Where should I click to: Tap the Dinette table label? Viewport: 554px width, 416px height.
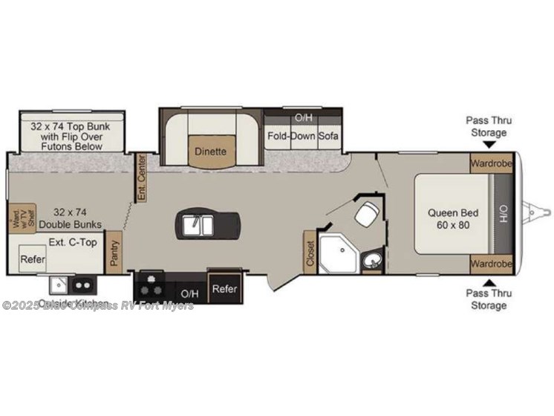pyautogui.click(x=210, y=152)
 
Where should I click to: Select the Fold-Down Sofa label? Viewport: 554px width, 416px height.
pyautogui.click(x=303, y=136)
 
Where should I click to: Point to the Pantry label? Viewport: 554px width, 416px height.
pyautogui.click(x=114, y=253)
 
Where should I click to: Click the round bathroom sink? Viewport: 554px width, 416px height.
pyautogui.click(x=371, y=259)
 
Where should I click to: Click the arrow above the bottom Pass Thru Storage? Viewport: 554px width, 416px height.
pyautogui.click(x=487, y=282)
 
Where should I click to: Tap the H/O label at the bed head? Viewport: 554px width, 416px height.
pyautogui.click(x=504, y=215)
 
